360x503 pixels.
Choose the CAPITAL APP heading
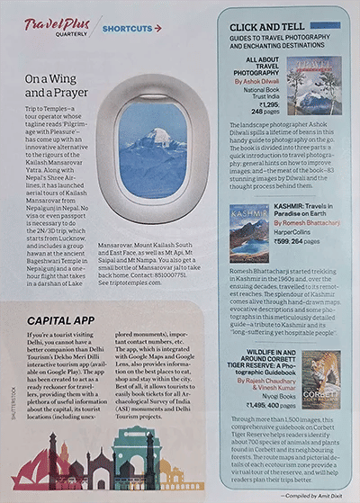[x=60, y=320]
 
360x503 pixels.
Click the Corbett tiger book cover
[x=320, y=382]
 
